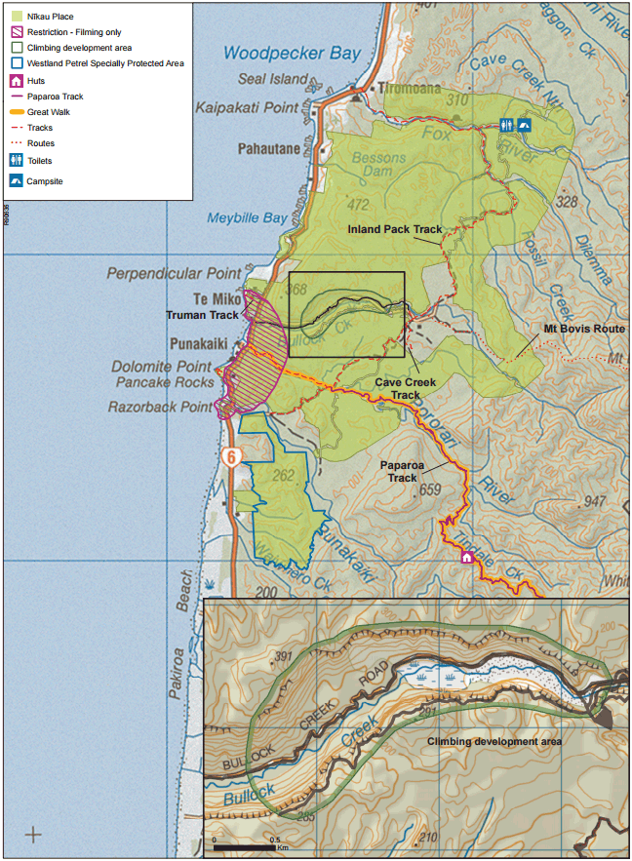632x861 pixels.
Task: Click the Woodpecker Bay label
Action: (291, 54)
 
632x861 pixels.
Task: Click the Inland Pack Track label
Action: (395, 230)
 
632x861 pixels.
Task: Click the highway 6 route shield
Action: (231, 456)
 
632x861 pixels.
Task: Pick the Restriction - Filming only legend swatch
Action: (16, 31)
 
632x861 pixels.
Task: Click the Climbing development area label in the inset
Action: (494, 741)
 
